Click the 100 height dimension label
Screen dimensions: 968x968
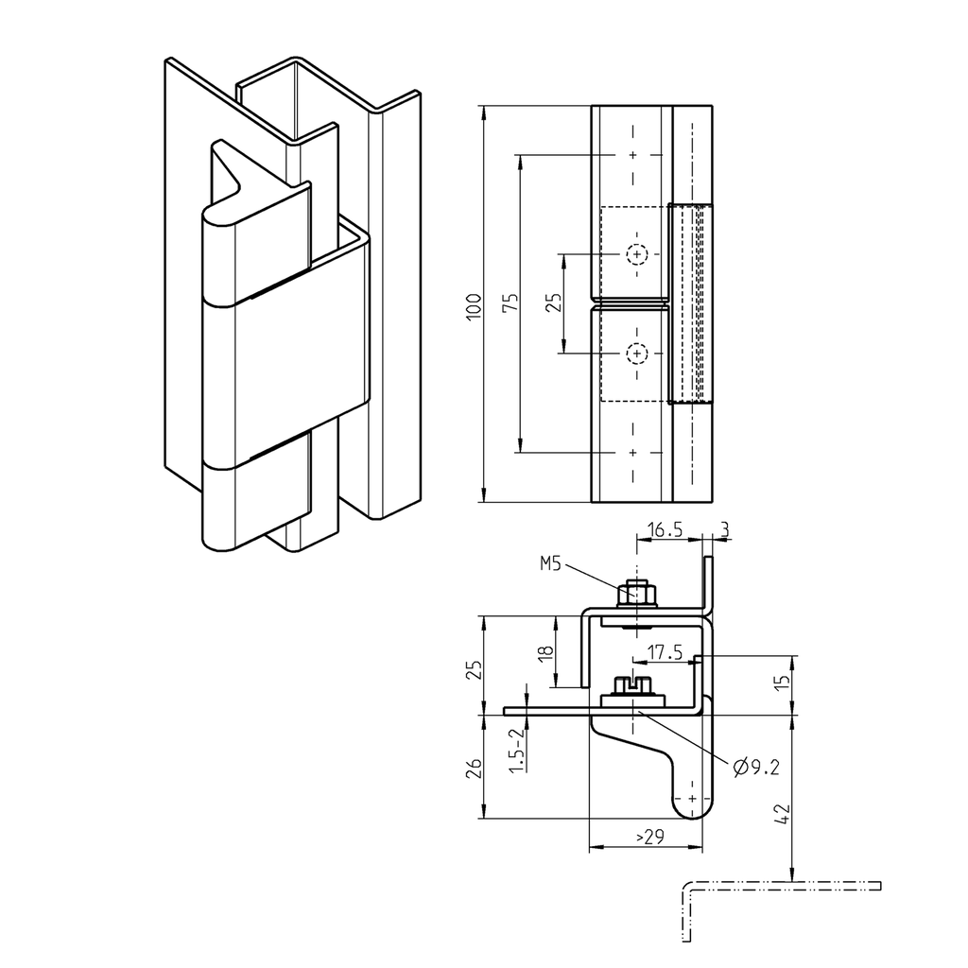475,304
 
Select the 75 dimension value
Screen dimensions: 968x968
510,303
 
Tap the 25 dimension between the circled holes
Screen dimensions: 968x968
554,302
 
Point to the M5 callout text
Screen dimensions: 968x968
550,564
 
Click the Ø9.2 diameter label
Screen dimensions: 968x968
756,767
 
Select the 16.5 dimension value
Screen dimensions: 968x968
665,532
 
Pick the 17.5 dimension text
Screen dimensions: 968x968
666,652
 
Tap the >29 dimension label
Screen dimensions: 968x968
648,838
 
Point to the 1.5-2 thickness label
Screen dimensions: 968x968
515,752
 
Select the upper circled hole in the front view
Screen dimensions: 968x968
638,254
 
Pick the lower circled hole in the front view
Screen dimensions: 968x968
638,354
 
